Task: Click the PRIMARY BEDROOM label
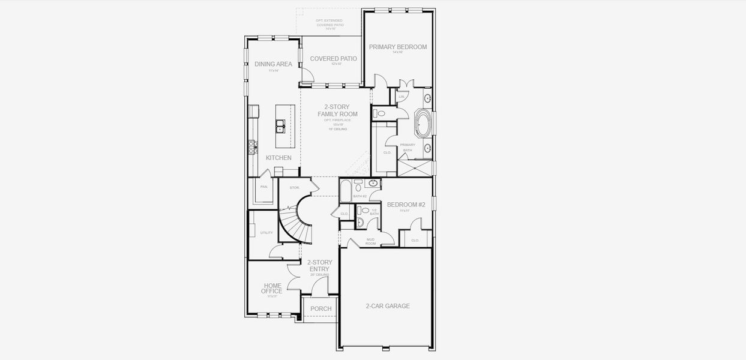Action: [x=397, y=47]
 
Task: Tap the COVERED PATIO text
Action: [x=333, y=59]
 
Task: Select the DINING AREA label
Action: [x=273, y=64]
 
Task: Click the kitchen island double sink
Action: [x=280, y=126]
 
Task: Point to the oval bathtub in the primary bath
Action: [x=423, y=124]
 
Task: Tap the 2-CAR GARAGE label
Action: [x=388, y=306]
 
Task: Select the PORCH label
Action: [x=320, y=309]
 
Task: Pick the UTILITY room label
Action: [x=266, y=233]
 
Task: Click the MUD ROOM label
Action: [x=370, y=242]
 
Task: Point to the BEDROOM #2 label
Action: [x=406, y=205]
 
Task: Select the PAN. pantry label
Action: [x=263, y=187]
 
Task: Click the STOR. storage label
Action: [x=294, y=188]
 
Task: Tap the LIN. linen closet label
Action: [x=401, y=97]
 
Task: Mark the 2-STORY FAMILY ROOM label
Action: [x=337, y=110]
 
